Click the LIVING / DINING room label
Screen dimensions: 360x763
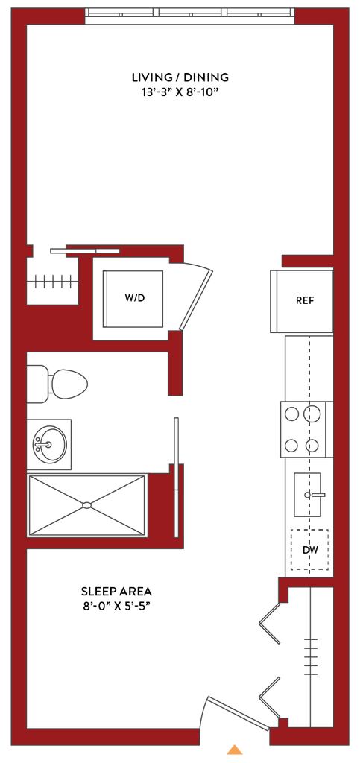180,77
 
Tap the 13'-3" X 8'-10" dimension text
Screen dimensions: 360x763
180,92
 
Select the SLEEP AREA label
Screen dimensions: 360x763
117,592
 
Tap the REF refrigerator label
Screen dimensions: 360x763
305,300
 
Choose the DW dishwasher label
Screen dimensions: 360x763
310,551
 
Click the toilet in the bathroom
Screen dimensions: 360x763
57,384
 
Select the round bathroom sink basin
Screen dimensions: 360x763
50,444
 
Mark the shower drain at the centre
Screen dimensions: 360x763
86,505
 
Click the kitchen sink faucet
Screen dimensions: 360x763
315,495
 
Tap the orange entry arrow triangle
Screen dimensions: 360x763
235,750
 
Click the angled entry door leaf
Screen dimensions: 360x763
239,714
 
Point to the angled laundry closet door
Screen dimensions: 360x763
195,300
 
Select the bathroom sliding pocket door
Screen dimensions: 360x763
176,477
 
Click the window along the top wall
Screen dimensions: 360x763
190,16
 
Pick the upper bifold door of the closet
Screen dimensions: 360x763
271,624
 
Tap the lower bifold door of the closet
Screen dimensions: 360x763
271,697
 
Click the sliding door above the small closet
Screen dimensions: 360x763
85,250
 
